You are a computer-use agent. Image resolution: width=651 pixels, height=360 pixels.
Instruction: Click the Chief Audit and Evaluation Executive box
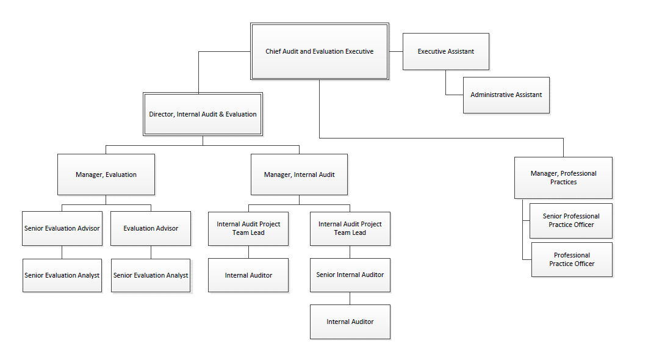click(319, 52)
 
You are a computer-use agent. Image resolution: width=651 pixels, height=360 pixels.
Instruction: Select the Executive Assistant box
click(445, 51)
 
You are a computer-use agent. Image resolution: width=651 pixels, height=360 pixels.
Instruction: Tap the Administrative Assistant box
click(506, 95)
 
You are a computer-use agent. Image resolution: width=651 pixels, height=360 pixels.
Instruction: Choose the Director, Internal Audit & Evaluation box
click(203, 114)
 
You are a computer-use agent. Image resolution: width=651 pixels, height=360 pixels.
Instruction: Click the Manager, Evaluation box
click(106, 175)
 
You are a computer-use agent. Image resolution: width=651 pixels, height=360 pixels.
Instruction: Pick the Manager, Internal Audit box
click(299, 175)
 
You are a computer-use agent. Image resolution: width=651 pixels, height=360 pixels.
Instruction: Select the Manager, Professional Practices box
click(563, 178)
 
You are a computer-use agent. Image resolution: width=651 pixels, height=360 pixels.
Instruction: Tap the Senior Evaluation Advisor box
click(62, 228)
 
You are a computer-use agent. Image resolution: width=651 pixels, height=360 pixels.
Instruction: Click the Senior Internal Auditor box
click(350, 275)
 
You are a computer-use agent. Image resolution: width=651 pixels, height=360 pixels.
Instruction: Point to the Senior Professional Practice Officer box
click(571, 220)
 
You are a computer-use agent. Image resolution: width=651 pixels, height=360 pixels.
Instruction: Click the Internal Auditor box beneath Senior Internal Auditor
click(350, 322)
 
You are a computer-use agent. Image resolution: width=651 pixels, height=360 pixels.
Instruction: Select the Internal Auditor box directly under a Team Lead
click(248, 275)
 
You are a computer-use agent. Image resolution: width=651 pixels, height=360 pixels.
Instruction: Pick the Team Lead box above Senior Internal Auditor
click(350, 228)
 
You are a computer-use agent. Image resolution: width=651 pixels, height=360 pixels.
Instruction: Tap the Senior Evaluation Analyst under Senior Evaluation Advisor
click(62, 275)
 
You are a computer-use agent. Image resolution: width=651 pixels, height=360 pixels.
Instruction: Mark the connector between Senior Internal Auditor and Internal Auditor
click(350, 298)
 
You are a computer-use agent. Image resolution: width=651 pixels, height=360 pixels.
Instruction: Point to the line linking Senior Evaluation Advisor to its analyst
click(62, 252)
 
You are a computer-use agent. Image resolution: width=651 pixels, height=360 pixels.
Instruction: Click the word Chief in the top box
click(273, 52)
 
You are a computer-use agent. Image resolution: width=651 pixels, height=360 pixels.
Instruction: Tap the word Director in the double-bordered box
click(161, 114)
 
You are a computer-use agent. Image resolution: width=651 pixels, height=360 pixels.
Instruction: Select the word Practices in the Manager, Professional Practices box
click(563, 182)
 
